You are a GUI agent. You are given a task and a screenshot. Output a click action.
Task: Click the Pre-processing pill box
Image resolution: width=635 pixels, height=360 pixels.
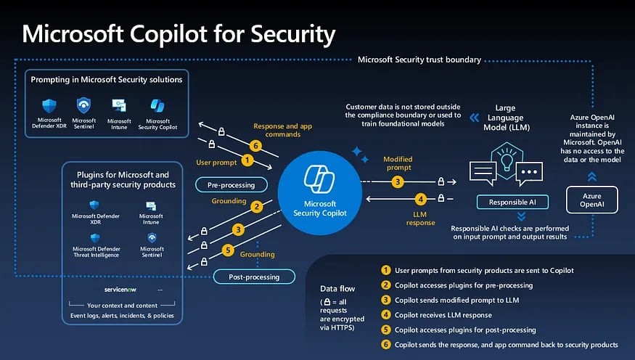click(x=232, y=184)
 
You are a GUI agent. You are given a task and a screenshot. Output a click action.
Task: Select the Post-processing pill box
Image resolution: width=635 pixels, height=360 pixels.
click(x=254, y=277)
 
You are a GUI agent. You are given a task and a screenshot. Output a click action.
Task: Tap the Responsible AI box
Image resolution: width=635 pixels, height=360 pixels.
click(x=512, y=202)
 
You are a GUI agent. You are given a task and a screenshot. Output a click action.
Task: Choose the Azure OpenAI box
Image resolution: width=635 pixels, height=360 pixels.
click(x=591, y=200)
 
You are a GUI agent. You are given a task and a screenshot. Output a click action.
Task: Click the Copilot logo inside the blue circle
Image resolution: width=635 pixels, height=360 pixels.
click(x=319, y=179)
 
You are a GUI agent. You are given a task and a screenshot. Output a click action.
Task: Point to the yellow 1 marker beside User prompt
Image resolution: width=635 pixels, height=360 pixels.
click(x=247, y=160)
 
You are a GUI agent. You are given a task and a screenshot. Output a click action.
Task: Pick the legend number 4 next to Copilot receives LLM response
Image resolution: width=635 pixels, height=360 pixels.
click(x=386, y=315)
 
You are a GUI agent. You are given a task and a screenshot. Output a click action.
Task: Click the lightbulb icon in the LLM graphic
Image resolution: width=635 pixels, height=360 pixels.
click(x=507, y=160)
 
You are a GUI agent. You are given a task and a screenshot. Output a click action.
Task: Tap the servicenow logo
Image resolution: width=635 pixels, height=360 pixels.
click(x=120, y=290)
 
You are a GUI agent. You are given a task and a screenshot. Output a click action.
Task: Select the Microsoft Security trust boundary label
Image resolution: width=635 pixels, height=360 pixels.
click(x=419, y=60)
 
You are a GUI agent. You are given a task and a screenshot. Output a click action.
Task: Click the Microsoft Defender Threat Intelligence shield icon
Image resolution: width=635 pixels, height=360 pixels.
click(x=95, y=238)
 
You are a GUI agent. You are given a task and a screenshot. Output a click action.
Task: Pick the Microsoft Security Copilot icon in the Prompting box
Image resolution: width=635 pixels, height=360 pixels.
click(x=157, y=106)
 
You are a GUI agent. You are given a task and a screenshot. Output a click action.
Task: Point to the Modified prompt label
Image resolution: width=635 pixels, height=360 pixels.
click(x=398, y=163)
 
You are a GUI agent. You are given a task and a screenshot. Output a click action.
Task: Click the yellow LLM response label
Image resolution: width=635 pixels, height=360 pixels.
click(x=420, y=218)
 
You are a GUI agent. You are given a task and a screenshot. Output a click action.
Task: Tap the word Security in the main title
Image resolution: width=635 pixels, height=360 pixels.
click(x=292, y=34)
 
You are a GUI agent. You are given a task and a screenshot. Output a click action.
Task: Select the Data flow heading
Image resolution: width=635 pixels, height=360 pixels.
click(x=337, y=289)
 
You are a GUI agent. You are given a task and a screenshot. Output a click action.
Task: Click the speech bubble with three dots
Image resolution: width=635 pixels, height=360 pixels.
click(x=529, y=173)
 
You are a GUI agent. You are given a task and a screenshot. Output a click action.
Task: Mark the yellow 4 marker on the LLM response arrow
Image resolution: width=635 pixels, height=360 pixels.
click(x=421, y=199)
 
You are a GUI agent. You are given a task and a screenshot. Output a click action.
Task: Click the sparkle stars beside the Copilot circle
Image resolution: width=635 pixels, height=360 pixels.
click(x=360, y=155)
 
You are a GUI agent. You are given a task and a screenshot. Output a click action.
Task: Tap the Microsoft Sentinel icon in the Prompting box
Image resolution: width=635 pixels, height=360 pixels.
click(x=84, y=105)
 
